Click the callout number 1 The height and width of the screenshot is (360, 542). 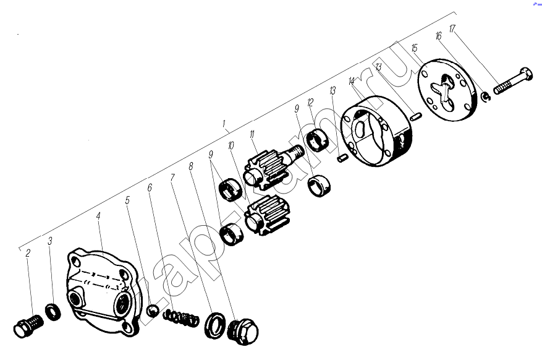224,123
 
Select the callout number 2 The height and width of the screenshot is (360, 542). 28,253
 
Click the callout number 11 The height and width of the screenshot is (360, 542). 252,134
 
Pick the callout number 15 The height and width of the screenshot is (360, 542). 415,48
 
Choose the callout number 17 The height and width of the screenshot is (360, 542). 452,28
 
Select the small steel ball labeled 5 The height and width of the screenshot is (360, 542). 153,310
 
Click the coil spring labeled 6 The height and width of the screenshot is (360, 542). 181,318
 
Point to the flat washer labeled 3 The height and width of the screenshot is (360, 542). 53,312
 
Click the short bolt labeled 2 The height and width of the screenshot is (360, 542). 28,325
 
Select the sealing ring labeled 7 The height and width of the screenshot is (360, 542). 214,325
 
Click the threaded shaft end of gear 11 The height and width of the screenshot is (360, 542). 295,152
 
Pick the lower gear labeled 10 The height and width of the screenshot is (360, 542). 267,215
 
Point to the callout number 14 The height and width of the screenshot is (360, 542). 352,82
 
